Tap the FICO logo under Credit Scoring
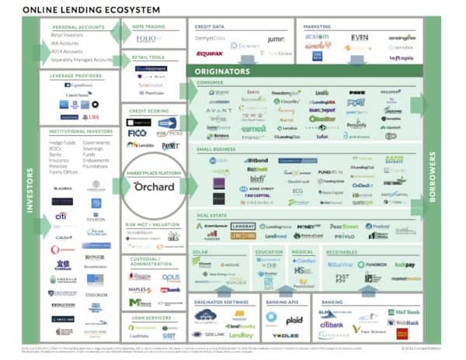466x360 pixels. [x=138, y=133]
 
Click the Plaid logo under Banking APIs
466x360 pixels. [x=294, y=319]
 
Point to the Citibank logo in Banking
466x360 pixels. [x=332, y=324]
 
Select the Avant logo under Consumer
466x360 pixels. [x=219, y=110]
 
